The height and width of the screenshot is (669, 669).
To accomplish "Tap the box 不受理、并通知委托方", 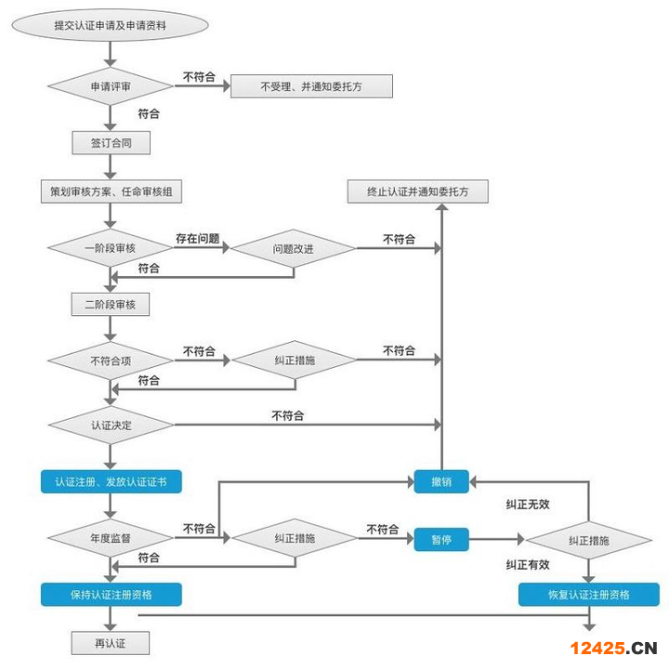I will [x=311, y=86].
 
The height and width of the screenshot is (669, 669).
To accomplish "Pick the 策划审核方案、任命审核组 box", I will [x=111, y=191].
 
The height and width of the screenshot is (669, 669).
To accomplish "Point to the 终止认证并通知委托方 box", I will [x=417, y=191].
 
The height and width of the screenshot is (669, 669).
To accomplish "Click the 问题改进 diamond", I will [x=293, y=249].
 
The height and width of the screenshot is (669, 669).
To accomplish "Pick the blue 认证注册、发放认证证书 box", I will [x=111, y=481].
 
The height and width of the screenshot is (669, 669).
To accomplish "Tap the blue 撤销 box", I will [x=441, y=481].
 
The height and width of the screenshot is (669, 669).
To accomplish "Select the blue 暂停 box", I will [x=441, y=539].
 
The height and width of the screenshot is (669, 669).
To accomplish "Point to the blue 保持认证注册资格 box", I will [x=111, y=594].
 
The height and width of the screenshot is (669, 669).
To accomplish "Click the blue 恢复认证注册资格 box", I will [x=588, y=595].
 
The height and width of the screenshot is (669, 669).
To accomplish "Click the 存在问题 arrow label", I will [x=197, y=239].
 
